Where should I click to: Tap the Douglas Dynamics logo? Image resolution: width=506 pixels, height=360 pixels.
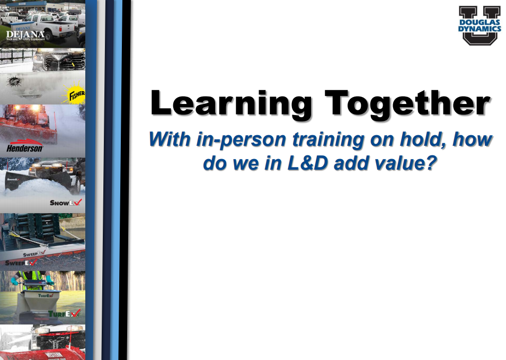click(x=479, y=25)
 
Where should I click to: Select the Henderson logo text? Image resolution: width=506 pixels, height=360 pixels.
click(x=25, y=148)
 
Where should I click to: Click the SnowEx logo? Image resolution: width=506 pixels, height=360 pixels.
click(x=66, y=202)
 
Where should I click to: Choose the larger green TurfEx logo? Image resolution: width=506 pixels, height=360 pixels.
click(x=64, y=313)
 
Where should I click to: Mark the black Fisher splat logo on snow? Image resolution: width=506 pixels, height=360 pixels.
click(x=15, y=82)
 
